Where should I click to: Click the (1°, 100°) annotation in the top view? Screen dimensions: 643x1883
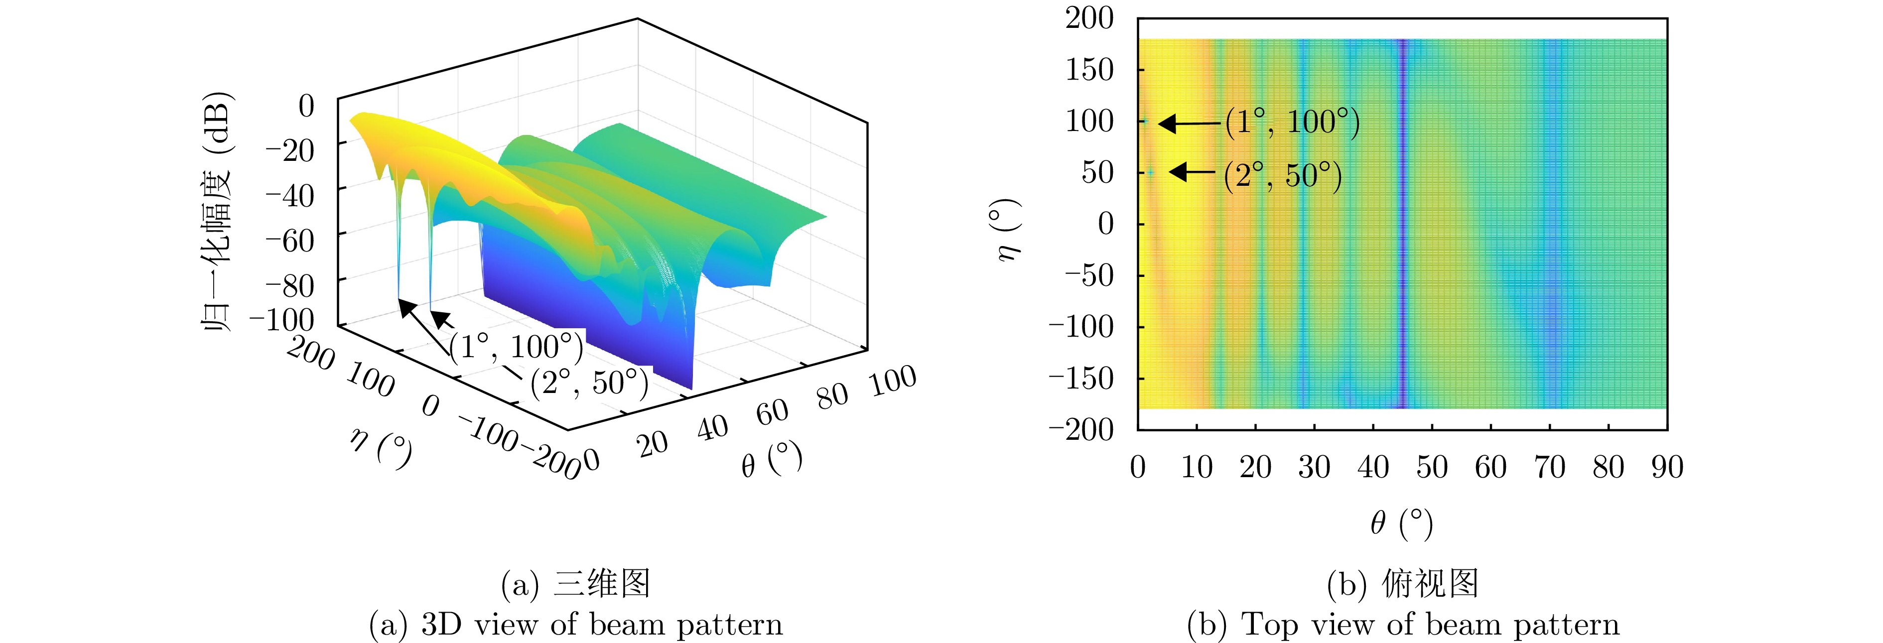(x=1292, y=122)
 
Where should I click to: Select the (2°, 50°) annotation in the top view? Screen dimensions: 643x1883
(x=1283, y=175)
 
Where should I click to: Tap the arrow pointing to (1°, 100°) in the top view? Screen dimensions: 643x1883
(x=1190, y=124)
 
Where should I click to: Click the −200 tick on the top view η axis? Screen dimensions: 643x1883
(x=1082, y=429)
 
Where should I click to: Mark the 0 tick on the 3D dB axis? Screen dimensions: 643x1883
(x=306, y=106)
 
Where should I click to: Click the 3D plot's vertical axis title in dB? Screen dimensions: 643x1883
(x=216, y=212)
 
